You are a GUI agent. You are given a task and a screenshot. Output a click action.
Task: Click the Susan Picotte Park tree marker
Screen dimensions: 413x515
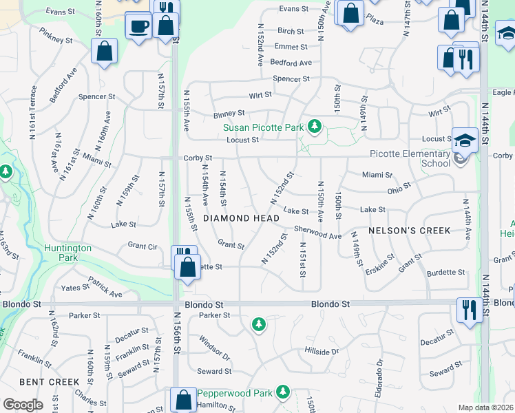click(x=315, y=126)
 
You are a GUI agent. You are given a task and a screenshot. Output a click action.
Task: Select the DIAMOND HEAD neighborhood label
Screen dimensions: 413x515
click(x=241, y=218)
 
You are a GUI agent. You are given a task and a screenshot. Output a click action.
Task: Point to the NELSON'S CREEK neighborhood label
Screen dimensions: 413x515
click(x=410, y=230)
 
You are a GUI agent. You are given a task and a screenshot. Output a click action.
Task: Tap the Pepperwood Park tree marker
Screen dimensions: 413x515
click(x=282, y=392)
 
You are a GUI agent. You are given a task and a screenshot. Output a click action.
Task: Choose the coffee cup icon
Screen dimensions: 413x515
click(x=138, y=26)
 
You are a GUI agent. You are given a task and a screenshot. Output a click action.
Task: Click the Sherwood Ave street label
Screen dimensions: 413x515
click(x=317, y=232)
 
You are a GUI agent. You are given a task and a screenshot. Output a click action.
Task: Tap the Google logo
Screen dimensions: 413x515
click(x=23, y=405)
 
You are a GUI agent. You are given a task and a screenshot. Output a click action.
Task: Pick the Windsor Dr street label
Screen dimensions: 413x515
click(x=213, y=348)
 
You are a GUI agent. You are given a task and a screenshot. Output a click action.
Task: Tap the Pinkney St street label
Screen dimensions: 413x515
click(x=56, y=36)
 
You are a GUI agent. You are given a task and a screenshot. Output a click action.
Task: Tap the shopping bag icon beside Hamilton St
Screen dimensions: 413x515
click(x=183, y=399)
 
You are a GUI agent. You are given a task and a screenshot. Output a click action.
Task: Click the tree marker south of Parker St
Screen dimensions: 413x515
click(x=258, y=324)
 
